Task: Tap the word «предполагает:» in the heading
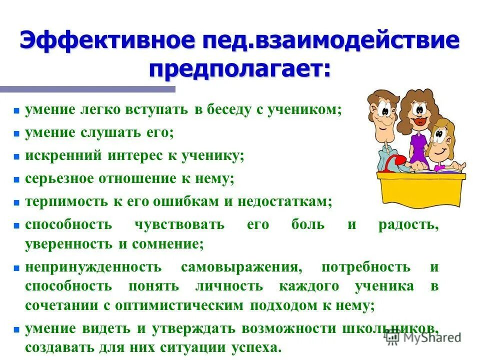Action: click(239, 67)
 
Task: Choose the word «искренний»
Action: click(62, 155)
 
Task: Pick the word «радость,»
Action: click(408, 224)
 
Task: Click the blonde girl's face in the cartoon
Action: click(440, 137)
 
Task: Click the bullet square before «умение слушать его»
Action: click(16, 134)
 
